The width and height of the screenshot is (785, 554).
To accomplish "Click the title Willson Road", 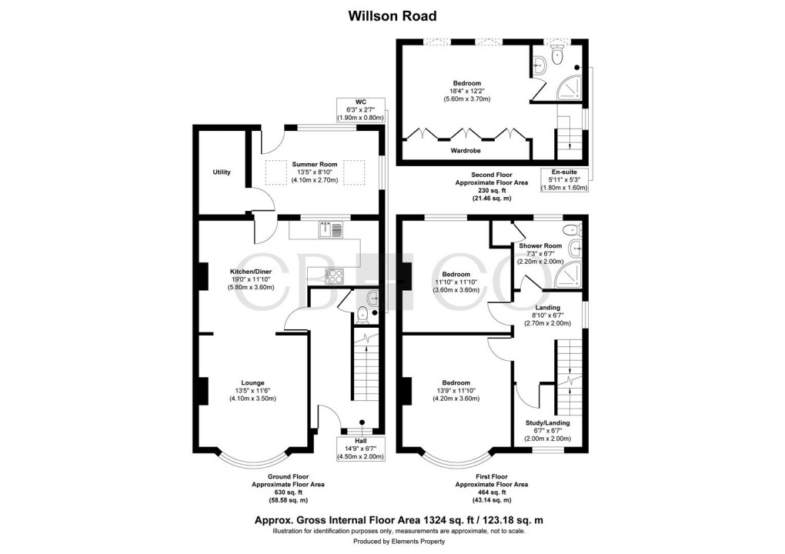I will [392, 15].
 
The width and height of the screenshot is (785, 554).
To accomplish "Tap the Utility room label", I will [222, 172].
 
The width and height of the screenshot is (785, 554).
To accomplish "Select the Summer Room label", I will [314, 164].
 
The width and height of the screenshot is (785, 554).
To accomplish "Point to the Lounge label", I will [252, 382].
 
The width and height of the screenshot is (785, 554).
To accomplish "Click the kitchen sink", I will [330, 229].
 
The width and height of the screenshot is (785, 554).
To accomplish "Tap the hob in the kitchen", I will [336, 274].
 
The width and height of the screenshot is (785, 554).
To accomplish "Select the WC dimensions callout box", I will [359, 109].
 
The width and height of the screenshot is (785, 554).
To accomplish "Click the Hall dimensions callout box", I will [360, 448].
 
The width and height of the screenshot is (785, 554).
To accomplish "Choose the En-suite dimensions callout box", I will [564, 179].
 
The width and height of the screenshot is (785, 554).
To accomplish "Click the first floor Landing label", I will [547, 308].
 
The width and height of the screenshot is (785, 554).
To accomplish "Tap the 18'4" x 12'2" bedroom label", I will [466, 83].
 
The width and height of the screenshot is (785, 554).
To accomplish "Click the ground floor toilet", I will [362, 312].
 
